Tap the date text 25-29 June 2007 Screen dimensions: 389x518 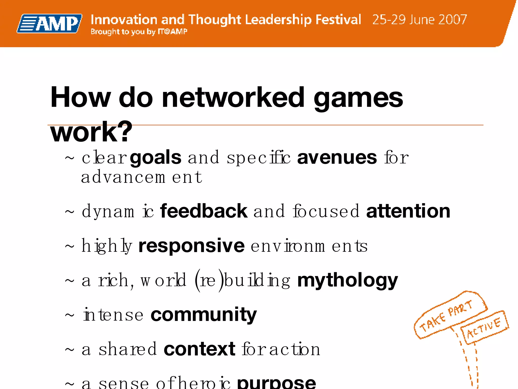click(x=419, y=20)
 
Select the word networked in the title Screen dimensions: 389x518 click(x=233, y=98)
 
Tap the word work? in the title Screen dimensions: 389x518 click(x=91, y=132)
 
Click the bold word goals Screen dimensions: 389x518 click(x=156, y=158)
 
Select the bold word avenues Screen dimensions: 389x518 click(x=337, y=158)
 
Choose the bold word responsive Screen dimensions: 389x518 click(x=191, y=246)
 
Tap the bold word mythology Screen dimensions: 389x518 click(x=347, y=281)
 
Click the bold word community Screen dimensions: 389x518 click(x=204, y=315)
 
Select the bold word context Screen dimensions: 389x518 click(x=200, y=349)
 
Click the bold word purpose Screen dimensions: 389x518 click(x=276, y=383)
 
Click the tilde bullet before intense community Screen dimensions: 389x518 click(x=70, y=316)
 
